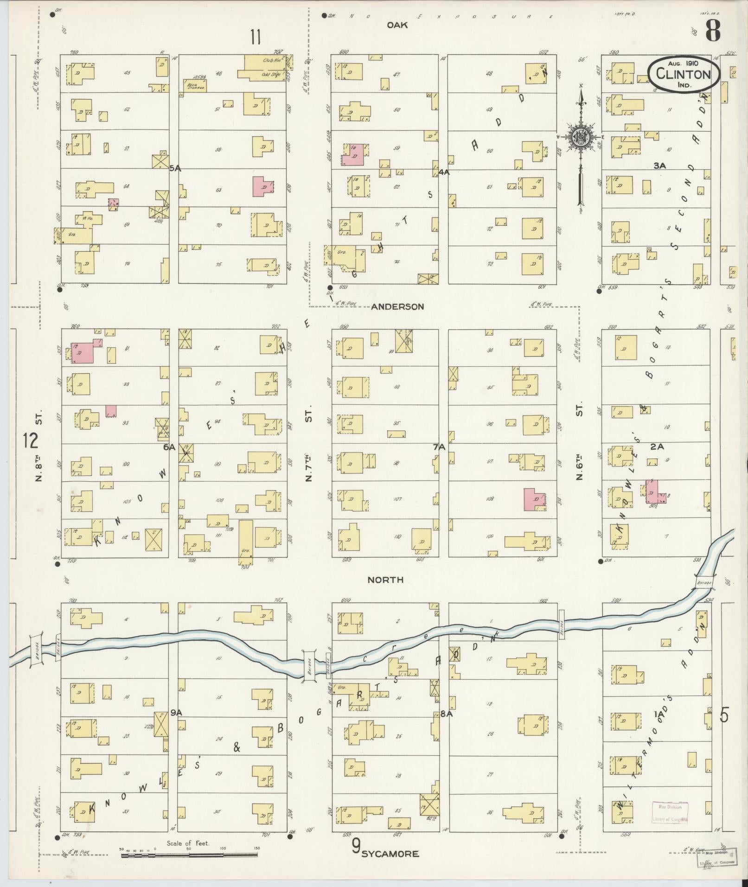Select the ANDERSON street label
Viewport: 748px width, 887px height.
[x=397, y=306]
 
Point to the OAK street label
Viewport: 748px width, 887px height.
[x=397, y=26]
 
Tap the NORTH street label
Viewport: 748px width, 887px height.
[x=385, y=580]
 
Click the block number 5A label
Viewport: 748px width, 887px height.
[x=175, y=169]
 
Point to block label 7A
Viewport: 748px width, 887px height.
[x=439, y=447]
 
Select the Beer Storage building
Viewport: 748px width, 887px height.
[x=194, y=85]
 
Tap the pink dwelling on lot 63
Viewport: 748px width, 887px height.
[x=263, y=186]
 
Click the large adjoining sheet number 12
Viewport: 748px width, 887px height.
[x=30, y=440]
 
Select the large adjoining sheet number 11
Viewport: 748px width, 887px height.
[x=256, y=37]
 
